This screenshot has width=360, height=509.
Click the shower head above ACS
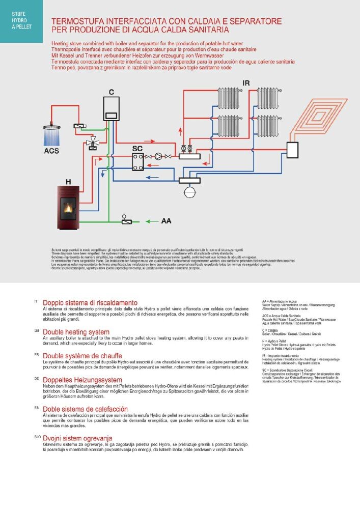(x=52, y=127)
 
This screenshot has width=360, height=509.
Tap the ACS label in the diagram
(x=51, y=151)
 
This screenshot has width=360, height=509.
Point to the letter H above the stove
(x=68, y=181)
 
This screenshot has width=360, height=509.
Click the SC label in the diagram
(x=137, y=148)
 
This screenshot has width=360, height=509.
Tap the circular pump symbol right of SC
(x=159, y=156)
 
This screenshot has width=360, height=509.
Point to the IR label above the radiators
(x=246, y=82)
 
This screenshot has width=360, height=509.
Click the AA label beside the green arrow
(x=166, y=221)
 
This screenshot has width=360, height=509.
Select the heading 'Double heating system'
(x=76, y=331)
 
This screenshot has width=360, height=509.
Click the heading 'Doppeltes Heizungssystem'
(x=82, y=380)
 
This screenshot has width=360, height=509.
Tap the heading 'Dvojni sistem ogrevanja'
(x=77, y=438)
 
